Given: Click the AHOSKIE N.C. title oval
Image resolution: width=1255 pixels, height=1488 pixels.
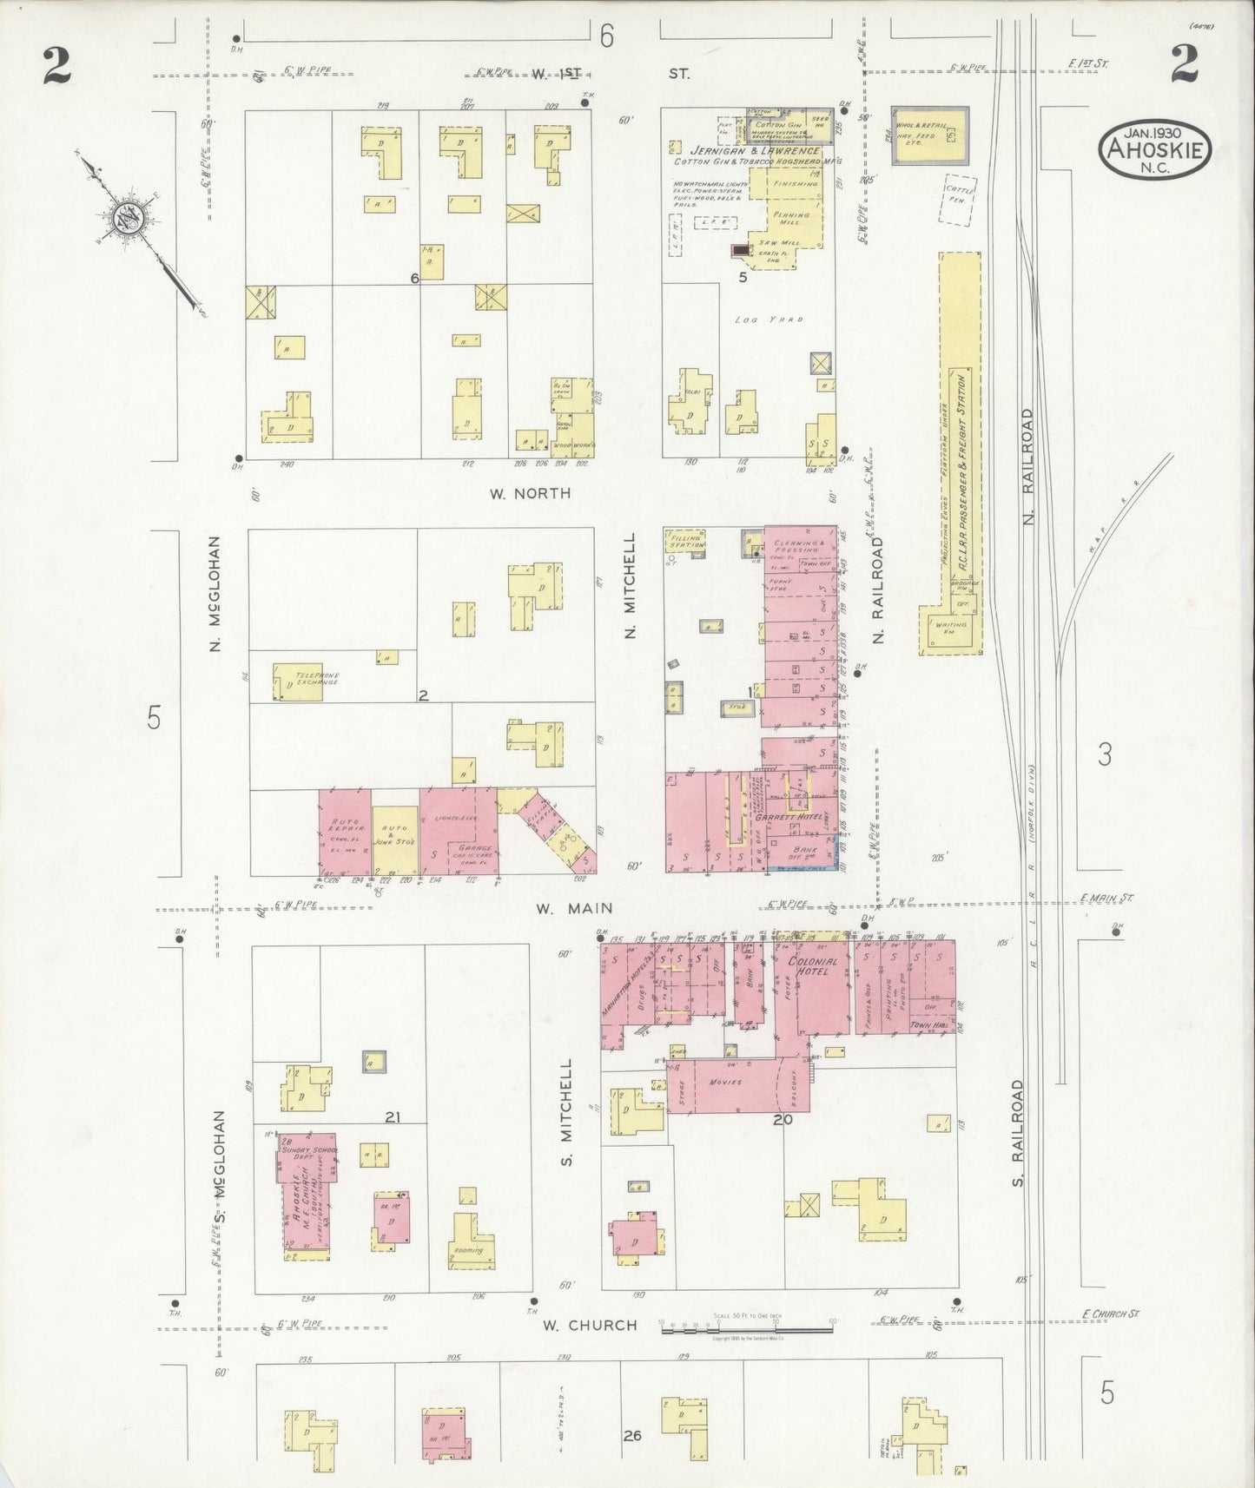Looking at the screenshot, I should click(x=1155, y=149).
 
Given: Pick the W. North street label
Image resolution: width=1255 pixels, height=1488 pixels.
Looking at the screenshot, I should click(x=530, y=493).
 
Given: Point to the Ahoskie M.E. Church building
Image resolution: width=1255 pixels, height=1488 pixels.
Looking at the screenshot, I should click(x=306, y=1195).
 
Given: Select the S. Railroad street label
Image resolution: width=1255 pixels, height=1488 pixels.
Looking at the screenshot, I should click(x=1018, y=1134).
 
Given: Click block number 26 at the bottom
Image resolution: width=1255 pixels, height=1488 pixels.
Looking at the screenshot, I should click(x=631, y=1436).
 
